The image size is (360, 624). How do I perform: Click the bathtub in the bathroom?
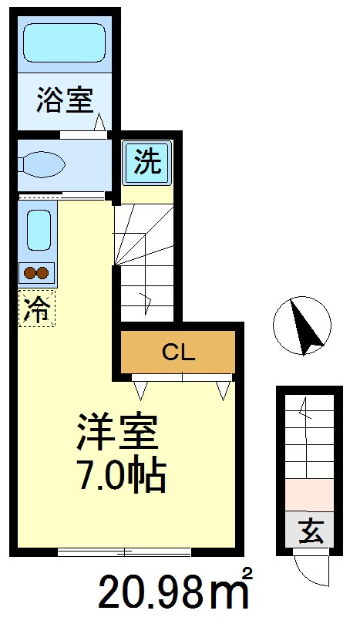point(64,42)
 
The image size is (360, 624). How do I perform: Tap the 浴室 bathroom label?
point(64,100)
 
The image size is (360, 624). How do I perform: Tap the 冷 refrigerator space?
point(38,308)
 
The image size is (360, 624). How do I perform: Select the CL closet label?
point(178,352)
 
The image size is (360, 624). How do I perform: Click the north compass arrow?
point(304,325)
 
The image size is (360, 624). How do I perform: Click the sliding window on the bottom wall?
point(124,551)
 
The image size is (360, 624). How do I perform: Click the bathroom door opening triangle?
point(100,123)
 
